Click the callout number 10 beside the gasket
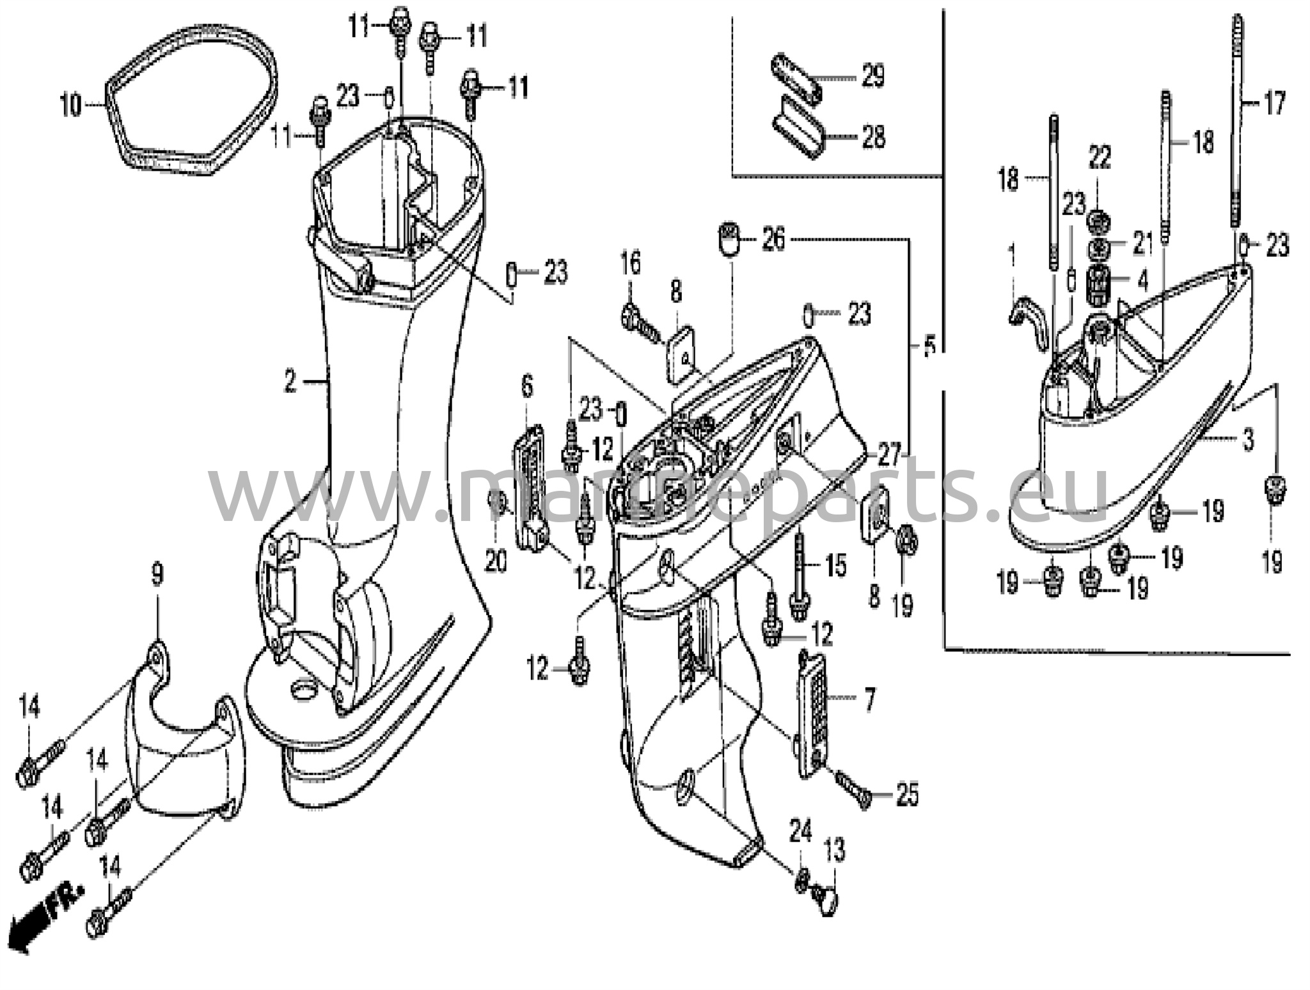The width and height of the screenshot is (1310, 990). coord(71,105)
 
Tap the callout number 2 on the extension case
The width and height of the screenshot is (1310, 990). coord(290,383)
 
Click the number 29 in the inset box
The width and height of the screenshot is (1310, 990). coord(872,77)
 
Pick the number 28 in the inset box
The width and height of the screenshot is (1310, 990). coord(872,137)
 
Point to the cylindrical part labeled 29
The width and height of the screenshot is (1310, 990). coord(796,79)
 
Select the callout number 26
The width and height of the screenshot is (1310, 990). coord(773,241)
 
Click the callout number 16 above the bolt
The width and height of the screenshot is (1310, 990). coord(631,263)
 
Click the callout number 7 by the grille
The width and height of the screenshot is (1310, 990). coord(868,701)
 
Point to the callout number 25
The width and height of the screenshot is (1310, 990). coord(907,795)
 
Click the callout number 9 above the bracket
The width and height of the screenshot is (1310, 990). coord(157,575)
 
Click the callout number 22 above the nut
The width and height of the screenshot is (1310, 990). coord(1100,157)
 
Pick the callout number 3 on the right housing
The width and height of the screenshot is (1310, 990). coord(1247,440)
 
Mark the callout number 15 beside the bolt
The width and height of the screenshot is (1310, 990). coord(835,566)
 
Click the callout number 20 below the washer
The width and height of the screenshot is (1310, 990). coord(496,561)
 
